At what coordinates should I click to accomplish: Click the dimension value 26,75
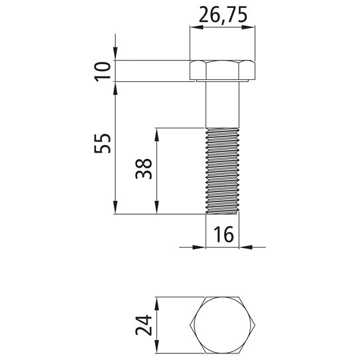pyautogui.click(x=223, y=15)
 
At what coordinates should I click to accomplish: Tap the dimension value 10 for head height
pyautogui.click(x=102, y=71)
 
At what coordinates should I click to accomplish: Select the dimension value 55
pyautogui.click(x=102, y=144)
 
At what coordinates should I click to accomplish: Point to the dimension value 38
pyautogui.click(x=144, y=169)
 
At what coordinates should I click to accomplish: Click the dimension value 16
pyautogui.click(x=224, y=234)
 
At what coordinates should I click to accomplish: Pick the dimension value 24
pyautogui.click(x=144, y=325)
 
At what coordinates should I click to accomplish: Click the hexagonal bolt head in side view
pyautogui.click(x=222, y=71)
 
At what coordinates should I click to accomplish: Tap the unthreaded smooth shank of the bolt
pyautogui.click(x=222, y=104)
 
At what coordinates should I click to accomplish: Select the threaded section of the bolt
pyautogui.click(x=222, y=171)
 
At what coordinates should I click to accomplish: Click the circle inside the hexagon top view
pyautogui.click(x=222, y=325)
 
